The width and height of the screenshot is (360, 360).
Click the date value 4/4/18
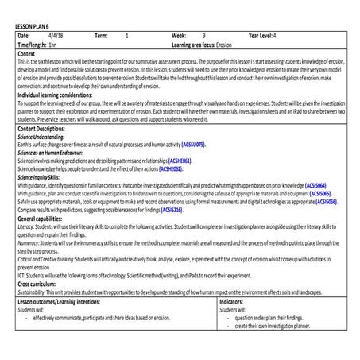click(x=56, y=37)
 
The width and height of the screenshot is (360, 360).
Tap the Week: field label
click(x=179, y=37)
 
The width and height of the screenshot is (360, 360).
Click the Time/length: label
click(x=31, y=45)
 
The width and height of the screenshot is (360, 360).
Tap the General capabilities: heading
click(x=43, y=219)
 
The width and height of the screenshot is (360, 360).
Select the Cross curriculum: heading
click(x=39, y=285)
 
